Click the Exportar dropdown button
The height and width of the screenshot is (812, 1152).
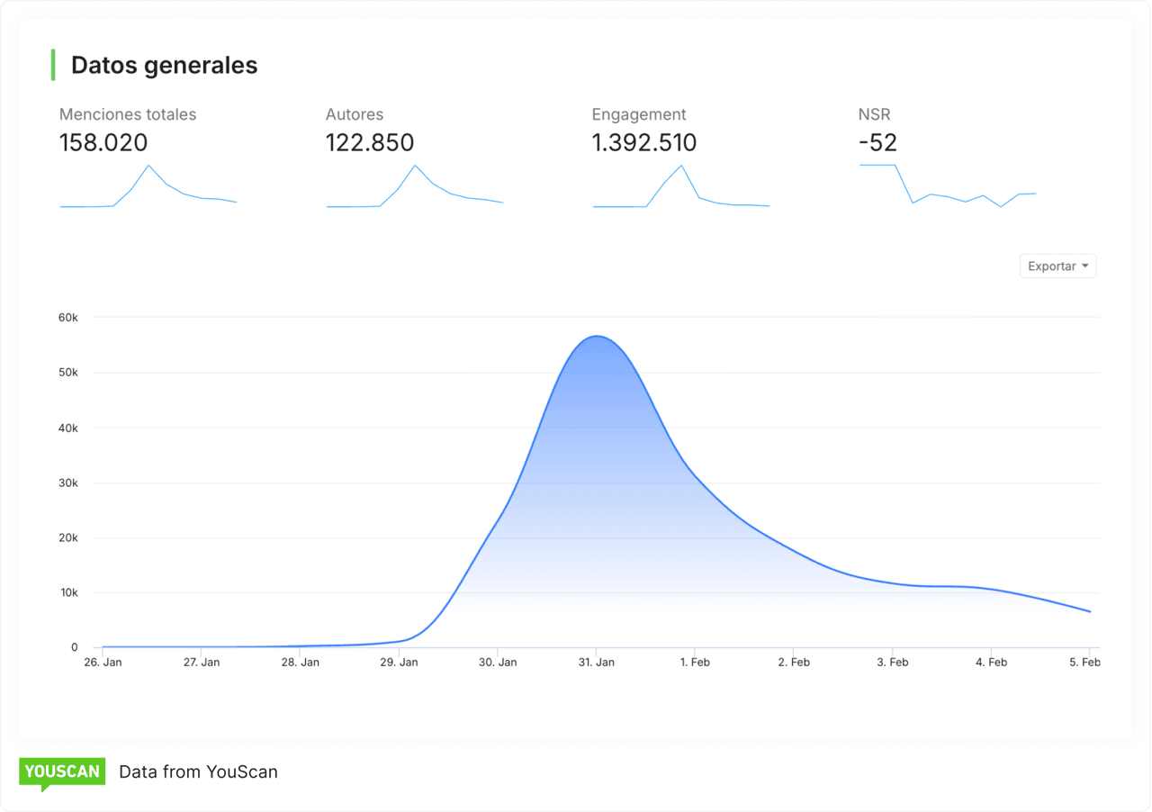pyautogui.click(x=1057, y=266)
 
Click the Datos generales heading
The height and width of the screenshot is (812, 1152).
pyautogui.click(x=164, y=66)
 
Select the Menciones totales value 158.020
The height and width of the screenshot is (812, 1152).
pyautogui.click(x=103, y=143)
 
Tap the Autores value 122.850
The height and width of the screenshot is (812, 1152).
pyautogui.click(x=370, y=143)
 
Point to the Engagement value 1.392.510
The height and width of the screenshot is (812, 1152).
pyautogui.click(x=643, y=143)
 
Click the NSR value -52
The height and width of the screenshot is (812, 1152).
pyautogui.click(x=877, y=143)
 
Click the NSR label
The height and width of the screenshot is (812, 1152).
pyautogui.click(x=874, y=114)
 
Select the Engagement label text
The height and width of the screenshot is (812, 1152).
pyautogui.click(x=639, y=114)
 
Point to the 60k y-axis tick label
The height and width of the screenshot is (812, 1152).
pyautogui.click(x=68, y=318)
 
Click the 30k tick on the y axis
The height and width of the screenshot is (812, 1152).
pyautogui.click(x=68, y=483)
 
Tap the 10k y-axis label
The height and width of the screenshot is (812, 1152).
pyautogui.click(x=68, y=593)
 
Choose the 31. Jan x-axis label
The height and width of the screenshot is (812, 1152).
pyautogui.click(x=596, y=663)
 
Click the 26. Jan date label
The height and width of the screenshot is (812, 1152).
pyautogui.click(x=103, y=663)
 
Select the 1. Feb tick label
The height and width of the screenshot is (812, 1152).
pyautogui.click(x=695, y=663)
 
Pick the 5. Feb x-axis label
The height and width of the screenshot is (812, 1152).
pyautogui.click(x=1084, y=663)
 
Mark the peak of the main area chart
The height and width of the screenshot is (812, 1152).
pyautogui.click(x=597, y=337)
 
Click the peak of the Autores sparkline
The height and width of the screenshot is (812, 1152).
pyautogui.click(x=415, y=166)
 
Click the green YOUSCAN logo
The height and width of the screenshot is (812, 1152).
pyautogui.click(x=62, y=771)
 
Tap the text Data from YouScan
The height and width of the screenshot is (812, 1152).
pyautogui.click(x=198, y=771)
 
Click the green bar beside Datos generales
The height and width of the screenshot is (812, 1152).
pyautogui.click(x=53, y=65)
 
